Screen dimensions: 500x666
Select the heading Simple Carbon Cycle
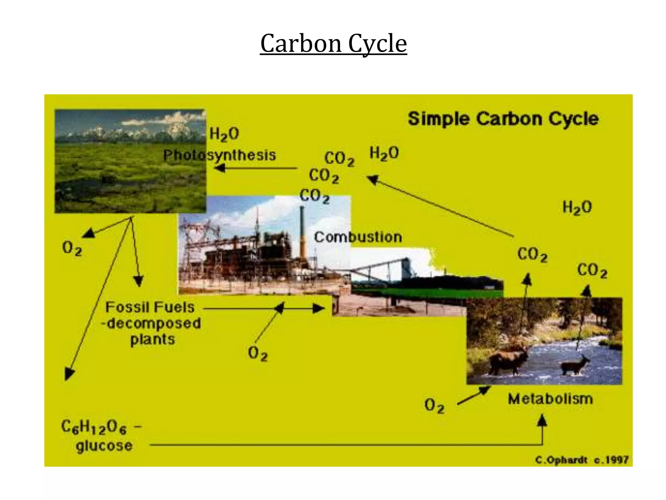(x=503, y=118)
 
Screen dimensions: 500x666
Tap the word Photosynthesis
(x=219, y=155)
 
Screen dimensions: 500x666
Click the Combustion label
(x=358, y=237)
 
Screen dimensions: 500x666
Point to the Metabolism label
(x=550, y=399)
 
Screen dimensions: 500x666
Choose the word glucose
(x=104, y=446)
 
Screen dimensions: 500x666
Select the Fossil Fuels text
(x=150, y=307)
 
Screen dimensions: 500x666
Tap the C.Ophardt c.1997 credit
(x=581, y=460)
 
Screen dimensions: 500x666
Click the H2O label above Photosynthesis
(x=224, y=134)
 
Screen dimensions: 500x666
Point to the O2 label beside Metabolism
(x=434, y=406)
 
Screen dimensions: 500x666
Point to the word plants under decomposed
(x=153, y=340)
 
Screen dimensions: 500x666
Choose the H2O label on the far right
(x=577, y=207)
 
